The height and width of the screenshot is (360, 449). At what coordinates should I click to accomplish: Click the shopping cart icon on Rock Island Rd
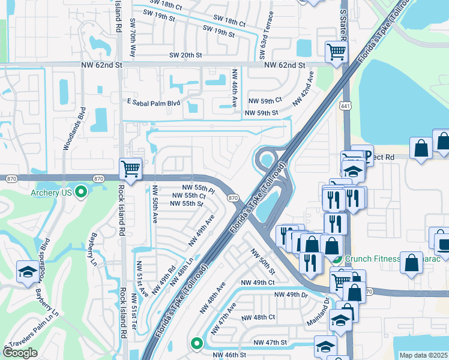pyautogui.click(x=130, y=169)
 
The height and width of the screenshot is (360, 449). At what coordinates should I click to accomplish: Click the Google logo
pyautogui.click(x=20, y=353)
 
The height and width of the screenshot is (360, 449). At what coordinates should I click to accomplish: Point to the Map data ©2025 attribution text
pyautogui.click(x=423, y=355)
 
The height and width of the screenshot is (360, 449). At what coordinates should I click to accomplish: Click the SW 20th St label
pyautogui.click(x=185, y=55)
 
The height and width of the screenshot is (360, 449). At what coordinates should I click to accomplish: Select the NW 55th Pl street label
pyautogui.click(x=193, y=188)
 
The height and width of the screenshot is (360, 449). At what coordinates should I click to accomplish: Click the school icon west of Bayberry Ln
pyautogui.click(x=28, y=271)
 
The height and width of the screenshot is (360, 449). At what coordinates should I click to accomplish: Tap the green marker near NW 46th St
pyautogui.click(x=196, y=343)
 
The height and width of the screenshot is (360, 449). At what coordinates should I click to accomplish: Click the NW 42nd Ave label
pyautogui.click(x=303, y=89)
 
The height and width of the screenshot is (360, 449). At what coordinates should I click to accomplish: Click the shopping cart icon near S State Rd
pyautogui.click(x=335, y=52)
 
